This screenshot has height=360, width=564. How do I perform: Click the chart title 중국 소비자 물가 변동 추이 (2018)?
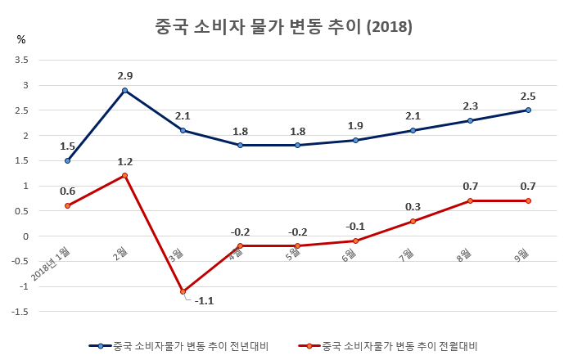pyautogui.click(x=283, y=27)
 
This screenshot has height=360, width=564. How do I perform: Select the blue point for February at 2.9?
pyautogui.click(x=124, y=91)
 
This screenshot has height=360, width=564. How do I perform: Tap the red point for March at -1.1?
pyautogui.click(x=183, y=291)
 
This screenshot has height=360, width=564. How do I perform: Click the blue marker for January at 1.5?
pyautogui.click(x=67, y=161)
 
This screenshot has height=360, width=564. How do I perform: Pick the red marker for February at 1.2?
pyautogui.click(x=124, y=176)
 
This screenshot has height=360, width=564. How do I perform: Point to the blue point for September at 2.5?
pyautogui.click(x=528, y=110)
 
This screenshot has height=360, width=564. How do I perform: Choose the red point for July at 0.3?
pyautogui.click(x=413, y=221)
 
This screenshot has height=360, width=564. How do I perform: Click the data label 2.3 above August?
pyautogui.click(x=471, y=106)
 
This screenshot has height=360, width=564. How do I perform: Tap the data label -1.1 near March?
pyautogui.click(x=204, y=300)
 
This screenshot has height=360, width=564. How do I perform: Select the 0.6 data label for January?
pyautogui.click(x=67, y=191)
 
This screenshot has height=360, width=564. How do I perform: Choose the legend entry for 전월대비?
pyautogui.click(x=389, y=346)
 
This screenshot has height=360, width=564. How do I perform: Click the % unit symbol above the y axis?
pyautogui.click(x=21, y=39)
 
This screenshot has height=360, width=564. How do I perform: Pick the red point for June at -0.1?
pyautogui.click(x=355, y=241)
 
